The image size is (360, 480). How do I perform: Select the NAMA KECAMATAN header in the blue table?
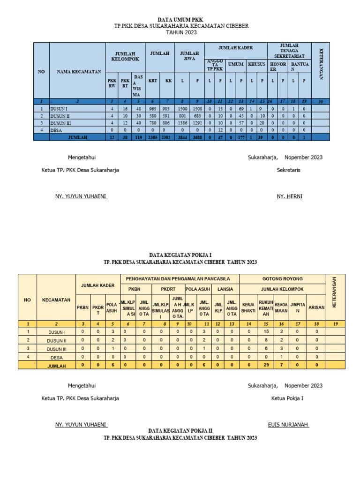coord(79,72)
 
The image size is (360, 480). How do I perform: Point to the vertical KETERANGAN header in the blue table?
coord(321,64)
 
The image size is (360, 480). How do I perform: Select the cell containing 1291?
coord(197,123)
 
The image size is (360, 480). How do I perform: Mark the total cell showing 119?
coord(138,137)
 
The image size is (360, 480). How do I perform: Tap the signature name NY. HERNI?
coord(290,196)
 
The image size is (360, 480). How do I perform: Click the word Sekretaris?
coord(288,170)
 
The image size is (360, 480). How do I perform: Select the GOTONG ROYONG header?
coord(282,278)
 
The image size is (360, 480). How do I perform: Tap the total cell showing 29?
coord(266,365)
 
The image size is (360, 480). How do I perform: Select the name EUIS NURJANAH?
coord(288,425)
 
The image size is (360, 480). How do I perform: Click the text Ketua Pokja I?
coord(287,398)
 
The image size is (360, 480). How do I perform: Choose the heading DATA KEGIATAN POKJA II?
coord(180,430)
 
